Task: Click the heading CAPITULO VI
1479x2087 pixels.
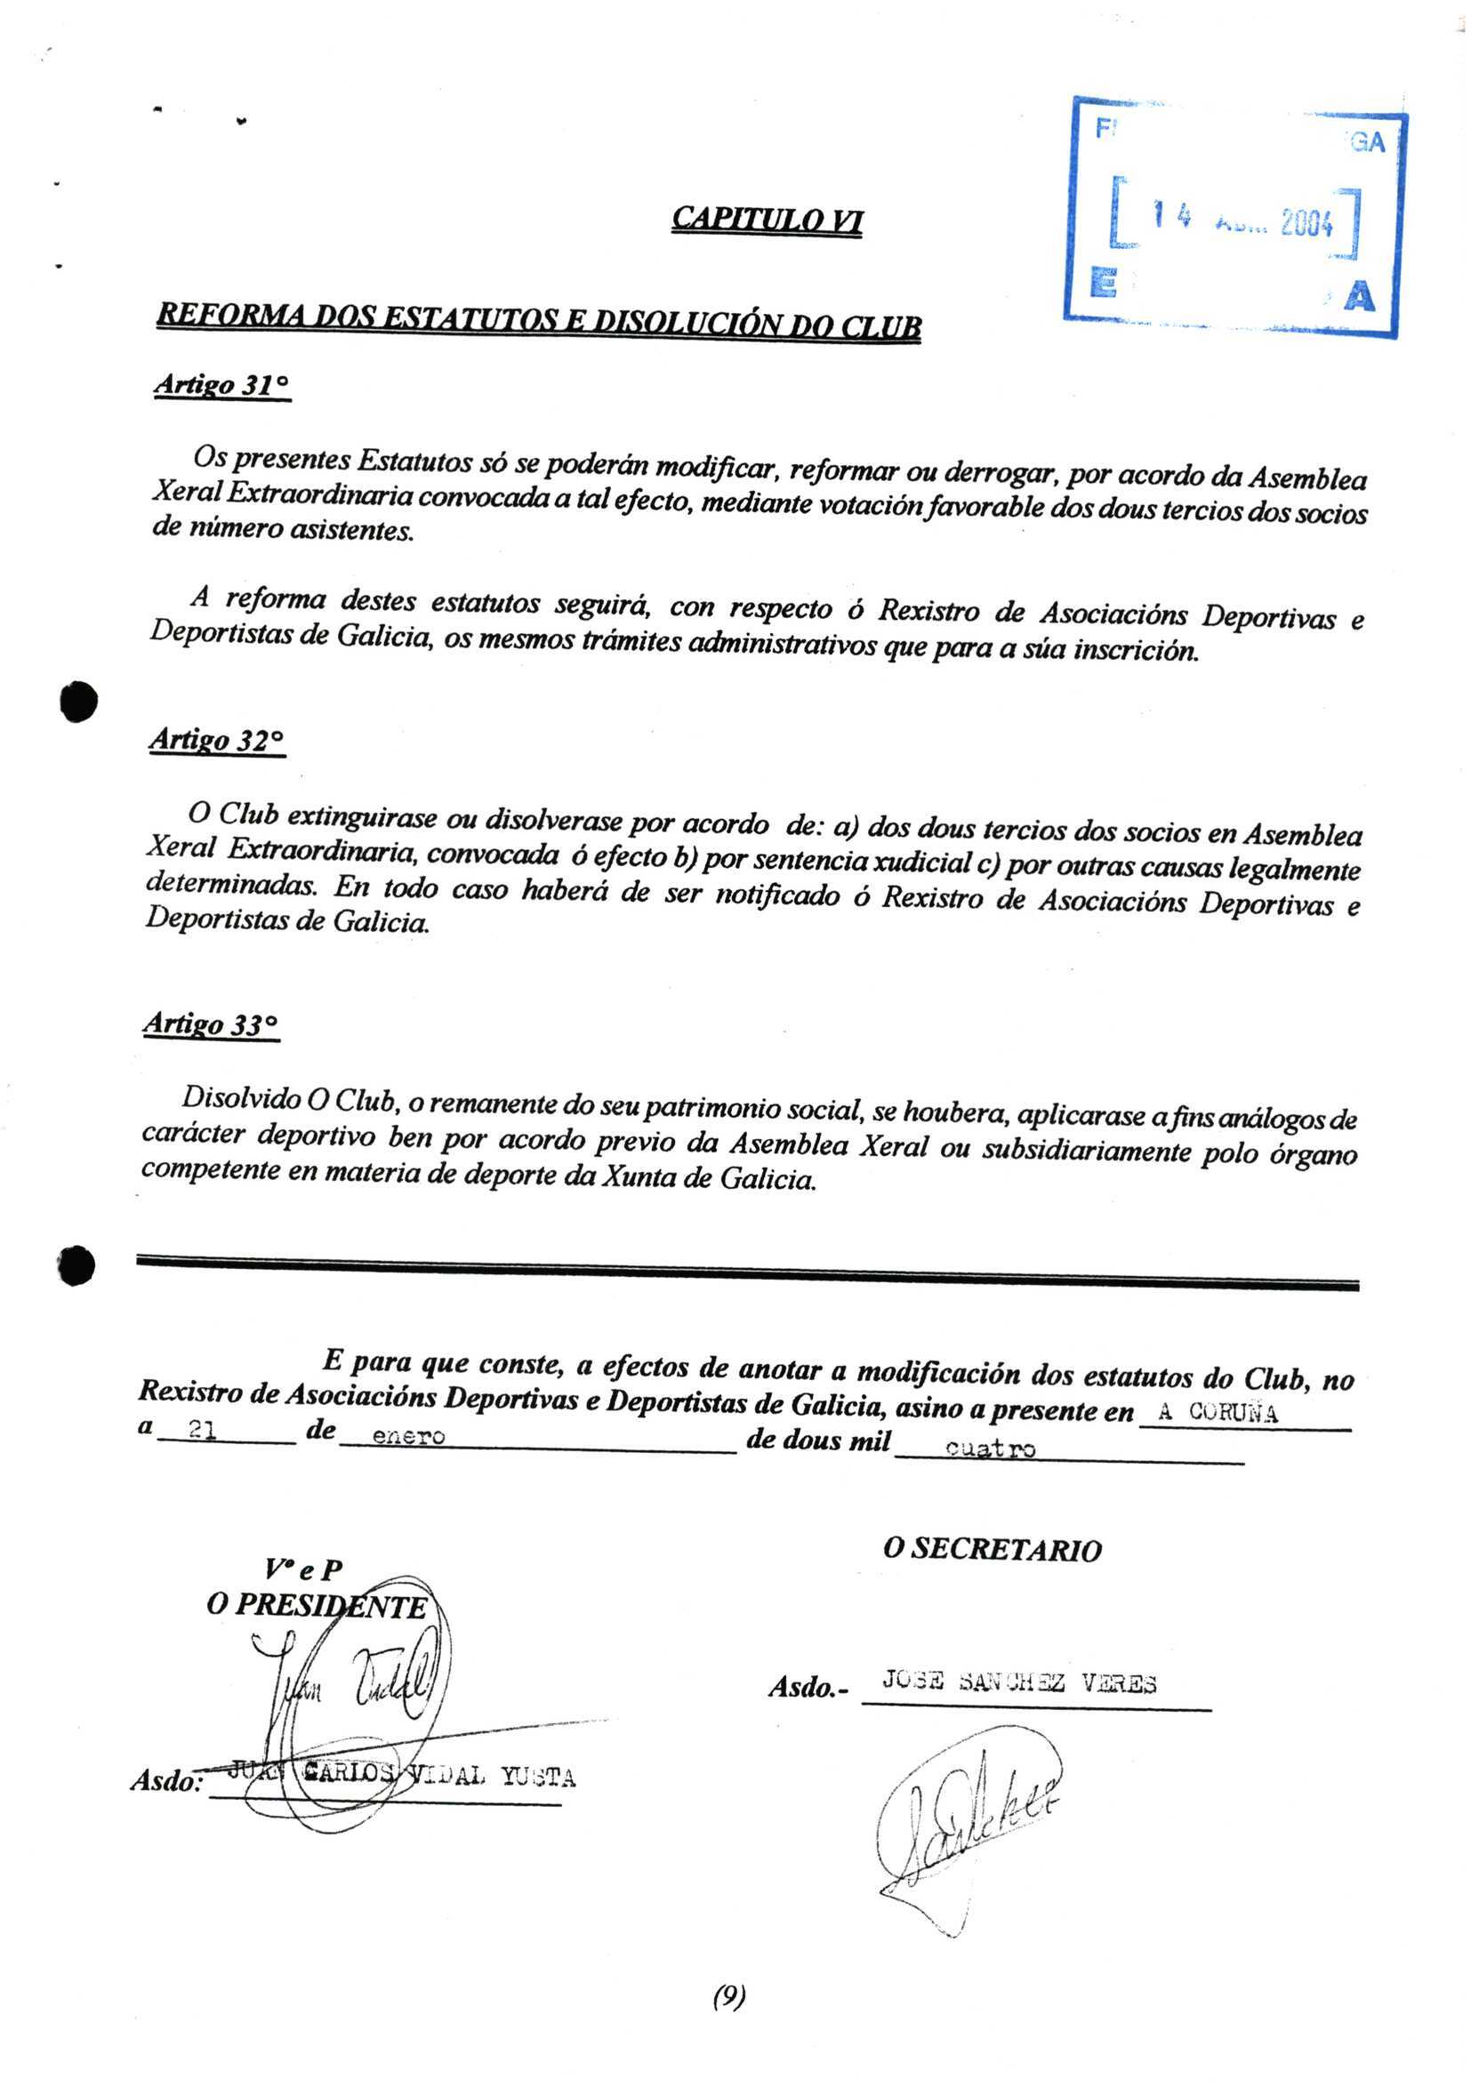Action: tap(767, 220)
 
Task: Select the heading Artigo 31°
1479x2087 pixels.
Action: tap(221, 385)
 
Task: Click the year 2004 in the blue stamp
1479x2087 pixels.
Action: tap(1306, 221)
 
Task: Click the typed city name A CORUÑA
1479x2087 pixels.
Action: tap(1218, 1413)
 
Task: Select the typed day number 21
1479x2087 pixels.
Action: tap(201, 1430)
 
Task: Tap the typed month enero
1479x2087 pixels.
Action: tap(409, 1436)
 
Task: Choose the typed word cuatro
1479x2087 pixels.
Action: tap(990, 1449)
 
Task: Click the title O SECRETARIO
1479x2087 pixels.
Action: tap(992, 1549)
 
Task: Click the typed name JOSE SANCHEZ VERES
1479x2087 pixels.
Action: tap(1018, 1682)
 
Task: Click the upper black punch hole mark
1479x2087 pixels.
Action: tap(78, 701)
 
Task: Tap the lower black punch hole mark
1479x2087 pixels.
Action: tap(76, 1264)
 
